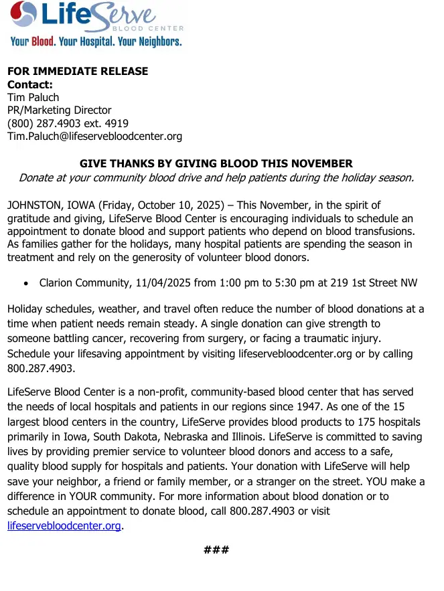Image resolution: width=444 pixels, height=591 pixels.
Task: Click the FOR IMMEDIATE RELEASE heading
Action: pyautogui.click(x=78, y=72)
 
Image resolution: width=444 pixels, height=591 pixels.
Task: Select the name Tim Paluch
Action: pyautogui.click(x=33, y=98)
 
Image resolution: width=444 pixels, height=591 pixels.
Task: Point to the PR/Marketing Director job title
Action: pyautogui.click(x=59, y=110)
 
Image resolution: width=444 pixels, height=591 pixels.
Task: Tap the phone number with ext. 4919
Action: pyautogui.click(x=68, y=124)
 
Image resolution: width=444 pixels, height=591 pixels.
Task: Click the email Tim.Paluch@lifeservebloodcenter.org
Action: pyautogui.click(x=94, y=137)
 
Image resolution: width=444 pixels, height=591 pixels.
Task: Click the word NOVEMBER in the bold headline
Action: pyautogui.click(x=322, y=163)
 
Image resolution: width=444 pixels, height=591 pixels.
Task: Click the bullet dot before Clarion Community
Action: pyautogui.click(x=25, y=284)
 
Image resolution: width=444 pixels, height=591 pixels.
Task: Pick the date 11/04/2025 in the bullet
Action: pyautogui.click(x=162, y=283)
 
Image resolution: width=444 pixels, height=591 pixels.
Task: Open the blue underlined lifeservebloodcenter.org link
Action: pyautogui.click(x=64, y=526)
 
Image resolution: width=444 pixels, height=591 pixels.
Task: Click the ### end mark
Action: pyautogui.click(x=216, y=550)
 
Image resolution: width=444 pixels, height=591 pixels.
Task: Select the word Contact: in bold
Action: pyautogui.click(x=29, y=85)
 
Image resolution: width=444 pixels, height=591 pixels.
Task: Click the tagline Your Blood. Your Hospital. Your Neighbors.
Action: pyautogui.click(x=96, y=41)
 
